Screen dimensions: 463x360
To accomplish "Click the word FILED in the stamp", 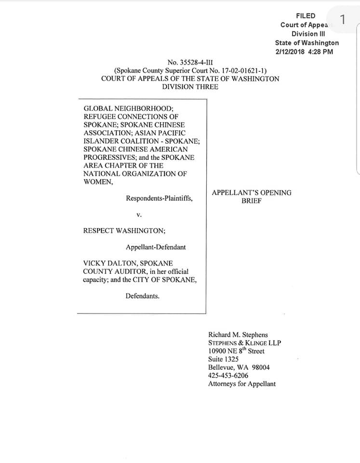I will click(306, 16).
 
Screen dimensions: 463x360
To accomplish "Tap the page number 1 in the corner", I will click(343, 20).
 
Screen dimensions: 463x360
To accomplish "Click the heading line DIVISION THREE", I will click(190, 87).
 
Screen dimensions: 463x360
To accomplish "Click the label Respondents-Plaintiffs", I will click(159, 198).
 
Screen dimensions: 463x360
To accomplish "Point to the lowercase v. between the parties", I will click(139, 215).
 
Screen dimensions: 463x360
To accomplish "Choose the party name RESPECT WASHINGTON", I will click(124, 231).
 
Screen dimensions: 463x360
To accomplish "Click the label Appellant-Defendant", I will click(156, 247).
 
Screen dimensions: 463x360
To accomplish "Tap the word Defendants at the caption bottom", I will click(142, 296).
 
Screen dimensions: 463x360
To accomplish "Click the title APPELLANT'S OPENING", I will click(252, 192).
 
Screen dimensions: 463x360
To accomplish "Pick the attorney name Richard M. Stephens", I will click(238, 334).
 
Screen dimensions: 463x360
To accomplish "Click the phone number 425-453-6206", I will click(228, 375).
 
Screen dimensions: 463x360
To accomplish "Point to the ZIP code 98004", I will click(260, 367).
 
